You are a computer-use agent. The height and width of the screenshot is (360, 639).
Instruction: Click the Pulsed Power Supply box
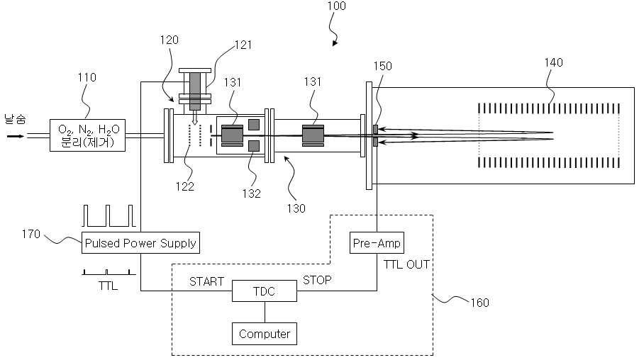click(x=140, y=242)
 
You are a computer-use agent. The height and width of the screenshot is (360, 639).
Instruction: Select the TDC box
click(x=265, y=291)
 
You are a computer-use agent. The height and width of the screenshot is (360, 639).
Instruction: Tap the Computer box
click(x=265, y=334)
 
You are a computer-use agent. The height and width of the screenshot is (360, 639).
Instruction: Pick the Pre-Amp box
click(x=377, y=242)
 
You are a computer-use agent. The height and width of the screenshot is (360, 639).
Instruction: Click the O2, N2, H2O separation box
click(x=88, y=135)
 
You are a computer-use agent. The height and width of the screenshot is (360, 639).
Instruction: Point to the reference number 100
click(x=336, y=6)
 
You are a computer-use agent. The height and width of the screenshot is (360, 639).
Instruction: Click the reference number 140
click(x=553, y=62)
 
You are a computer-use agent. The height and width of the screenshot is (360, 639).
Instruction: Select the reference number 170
click(x=31, y=234)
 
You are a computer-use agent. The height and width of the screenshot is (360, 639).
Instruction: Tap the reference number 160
click(x=479, y=303)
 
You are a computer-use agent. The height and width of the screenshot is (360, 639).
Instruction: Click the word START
click(x=206, y=281)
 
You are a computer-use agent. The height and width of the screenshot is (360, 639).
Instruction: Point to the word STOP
click(x=317, y=280)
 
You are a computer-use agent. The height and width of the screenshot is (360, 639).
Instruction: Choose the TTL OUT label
click(x=406, y=265)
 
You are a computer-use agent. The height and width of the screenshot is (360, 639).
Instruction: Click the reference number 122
click(x=184, y=186)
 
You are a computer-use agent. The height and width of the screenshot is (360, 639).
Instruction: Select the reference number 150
click(x=383, y=66)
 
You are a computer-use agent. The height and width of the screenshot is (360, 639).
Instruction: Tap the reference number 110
click(x=87, y=77)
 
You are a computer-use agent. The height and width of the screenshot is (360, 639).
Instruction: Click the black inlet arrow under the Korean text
click(x=16, y=136)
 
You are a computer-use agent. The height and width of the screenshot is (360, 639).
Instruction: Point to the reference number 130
click(x=296, y=208)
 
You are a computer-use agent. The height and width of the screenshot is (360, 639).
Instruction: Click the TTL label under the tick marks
click(x=108, y=286)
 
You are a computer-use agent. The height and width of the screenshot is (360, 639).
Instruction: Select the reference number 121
click(x=243, y=45)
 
